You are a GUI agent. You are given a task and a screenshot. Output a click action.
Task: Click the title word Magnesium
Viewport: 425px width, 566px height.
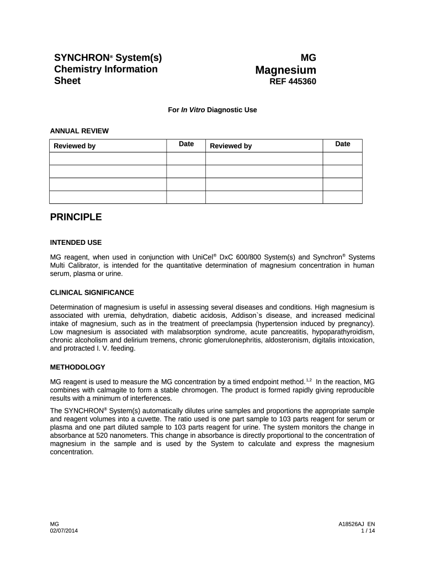(x=285, y=70)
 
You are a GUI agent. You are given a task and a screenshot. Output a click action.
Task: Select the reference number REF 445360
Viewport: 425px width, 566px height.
(x=293, y=82)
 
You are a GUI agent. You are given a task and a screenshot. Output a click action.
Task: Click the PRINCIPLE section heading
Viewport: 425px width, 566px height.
(x=76, y=217)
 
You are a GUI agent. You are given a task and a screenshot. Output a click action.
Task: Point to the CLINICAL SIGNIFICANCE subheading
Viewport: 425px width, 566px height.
(x=92, y=292)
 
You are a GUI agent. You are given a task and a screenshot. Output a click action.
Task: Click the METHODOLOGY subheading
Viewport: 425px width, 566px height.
(x=77, y=367)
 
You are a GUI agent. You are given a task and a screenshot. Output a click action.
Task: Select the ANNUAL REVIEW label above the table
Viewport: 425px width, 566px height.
(x=79, y=131)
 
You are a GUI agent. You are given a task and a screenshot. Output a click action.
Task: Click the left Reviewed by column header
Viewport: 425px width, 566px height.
(x=75, y=146)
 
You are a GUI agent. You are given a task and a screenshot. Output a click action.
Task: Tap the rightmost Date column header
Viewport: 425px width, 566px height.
(x=342, y=144)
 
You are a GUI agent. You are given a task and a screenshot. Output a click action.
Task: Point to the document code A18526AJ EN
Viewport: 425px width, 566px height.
(x=357, y=523)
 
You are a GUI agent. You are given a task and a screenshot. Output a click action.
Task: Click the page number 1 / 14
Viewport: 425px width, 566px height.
(x=368, y=531)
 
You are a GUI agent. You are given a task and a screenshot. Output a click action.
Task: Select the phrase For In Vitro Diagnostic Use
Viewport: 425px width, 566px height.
(x=212, y=110)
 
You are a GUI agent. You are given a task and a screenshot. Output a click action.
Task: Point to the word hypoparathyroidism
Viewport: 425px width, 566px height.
(x=341, y=332)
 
